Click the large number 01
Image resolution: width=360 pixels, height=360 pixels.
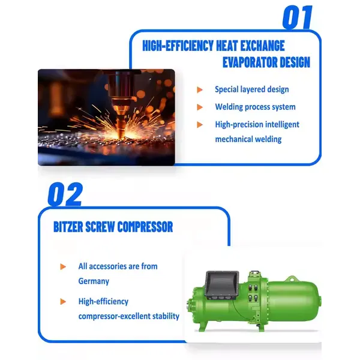[298, 17]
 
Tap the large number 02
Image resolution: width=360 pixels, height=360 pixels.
[65, 194]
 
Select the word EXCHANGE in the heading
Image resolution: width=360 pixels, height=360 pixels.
[262, 46]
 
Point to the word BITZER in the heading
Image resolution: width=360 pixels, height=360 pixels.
[68, 227]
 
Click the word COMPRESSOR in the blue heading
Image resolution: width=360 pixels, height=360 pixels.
[145, 227]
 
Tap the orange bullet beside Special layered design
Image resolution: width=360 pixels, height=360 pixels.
[200, 90]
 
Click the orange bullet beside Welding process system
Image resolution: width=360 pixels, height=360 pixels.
[200, 107]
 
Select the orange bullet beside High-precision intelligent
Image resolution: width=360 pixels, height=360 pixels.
[200, 125]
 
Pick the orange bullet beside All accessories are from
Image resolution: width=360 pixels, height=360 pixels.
[63, 266]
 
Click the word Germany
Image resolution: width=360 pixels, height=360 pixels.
[94, 281]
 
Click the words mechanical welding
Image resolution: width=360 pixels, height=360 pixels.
[248, 139]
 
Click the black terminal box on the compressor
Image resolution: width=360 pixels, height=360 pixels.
[222, 285]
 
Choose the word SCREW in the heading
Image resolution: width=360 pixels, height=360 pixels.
[100, 227]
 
